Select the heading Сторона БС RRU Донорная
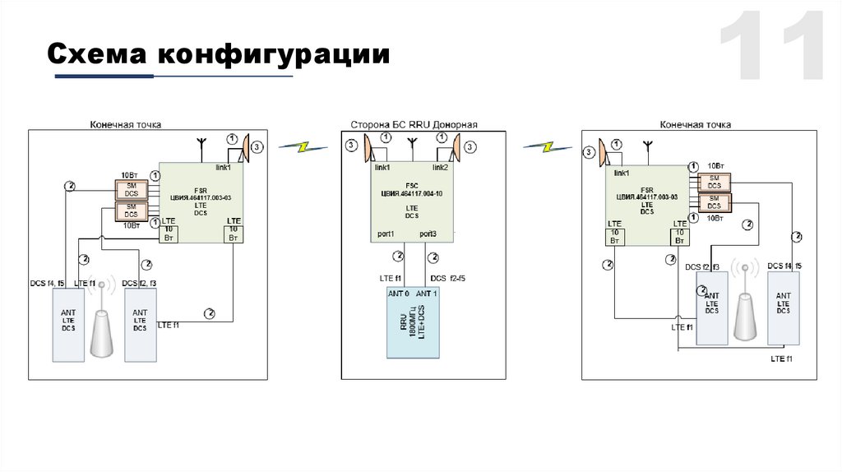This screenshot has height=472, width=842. pyautogui.click(x=414, y=125)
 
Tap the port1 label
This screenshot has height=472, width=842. pyautogui.click(x=386, y=234)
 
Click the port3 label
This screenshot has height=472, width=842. pyautogui.click(x=428, y=234)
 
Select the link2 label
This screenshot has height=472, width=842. pyautogui.click(x=440, y=168)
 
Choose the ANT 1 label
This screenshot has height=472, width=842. pyautogui.click(x=428, y=294)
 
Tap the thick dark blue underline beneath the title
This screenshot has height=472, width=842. pyautogui.click(x=104, y=76)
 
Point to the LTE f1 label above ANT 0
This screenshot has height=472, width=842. pyautogui.click(x=390, y=278)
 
